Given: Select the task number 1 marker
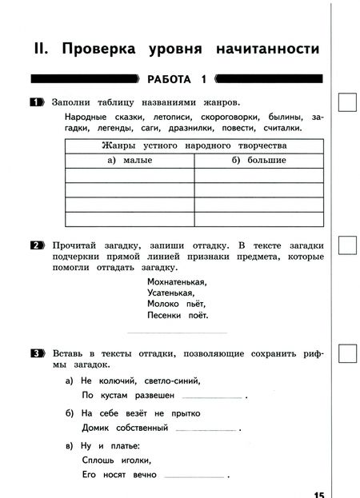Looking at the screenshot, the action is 36,103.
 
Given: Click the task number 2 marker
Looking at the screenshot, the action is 36,245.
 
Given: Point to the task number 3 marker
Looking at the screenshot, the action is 36,353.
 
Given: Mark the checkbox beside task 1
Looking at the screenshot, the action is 348,103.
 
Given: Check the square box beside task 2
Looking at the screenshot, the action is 348,245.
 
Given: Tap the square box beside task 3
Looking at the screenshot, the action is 348,353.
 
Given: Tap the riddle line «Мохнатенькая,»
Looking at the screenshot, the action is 177,281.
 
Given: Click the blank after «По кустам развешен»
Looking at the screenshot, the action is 212,396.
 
